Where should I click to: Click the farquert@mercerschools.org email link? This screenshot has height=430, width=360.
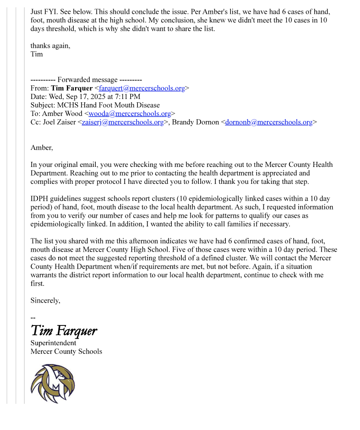[x=142, y=88]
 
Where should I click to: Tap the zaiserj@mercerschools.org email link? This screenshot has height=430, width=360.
[x=123, y=122]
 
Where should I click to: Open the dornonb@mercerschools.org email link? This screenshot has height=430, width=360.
[x=269, y=122]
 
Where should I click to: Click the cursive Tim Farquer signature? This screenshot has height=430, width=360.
[x=64, y=331]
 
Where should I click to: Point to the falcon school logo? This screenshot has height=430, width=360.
[x=53, y=383]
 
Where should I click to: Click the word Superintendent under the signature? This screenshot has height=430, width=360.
[x=53, y=343]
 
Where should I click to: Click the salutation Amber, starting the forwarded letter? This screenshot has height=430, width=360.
[x=42, y=148]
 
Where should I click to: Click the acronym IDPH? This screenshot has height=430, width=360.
[x=40, y=199]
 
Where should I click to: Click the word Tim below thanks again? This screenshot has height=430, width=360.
[x=37, y=54]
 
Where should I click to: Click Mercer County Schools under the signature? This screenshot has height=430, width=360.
[x=66, y=352]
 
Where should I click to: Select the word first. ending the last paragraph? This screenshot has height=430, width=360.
[x=38, y=284]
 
